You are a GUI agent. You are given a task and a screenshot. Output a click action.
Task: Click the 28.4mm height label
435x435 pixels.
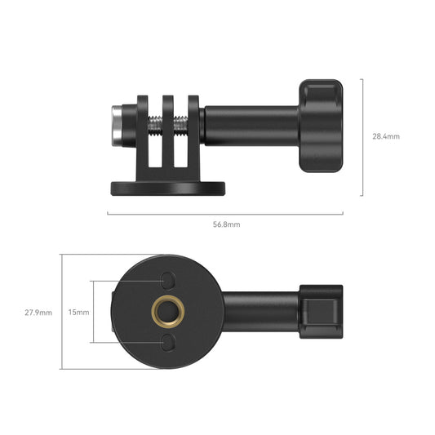click(386, 137)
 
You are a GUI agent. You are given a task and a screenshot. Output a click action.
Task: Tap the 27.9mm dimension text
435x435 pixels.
click(38, 312)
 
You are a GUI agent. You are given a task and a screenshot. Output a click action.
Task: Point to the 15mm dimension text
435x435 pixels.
click(78, 312)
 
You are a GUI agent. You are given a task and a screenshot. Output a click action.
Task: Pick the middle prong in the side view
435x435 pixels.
click(168, 135)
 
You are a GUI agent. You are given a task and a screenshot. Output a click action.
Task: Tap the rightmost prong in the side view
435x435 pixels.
click(193, 135)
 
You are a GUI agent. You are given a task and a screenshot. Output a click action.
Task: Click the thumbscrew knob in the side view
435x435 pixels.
click(320, 127)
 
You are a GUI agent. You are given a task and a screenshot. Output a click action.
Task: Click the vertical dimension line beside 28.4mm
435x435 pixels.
click(362, 137)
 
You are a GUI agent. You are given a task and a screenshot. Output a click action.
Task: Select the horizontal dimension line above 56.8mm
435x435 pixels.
click(225, 215)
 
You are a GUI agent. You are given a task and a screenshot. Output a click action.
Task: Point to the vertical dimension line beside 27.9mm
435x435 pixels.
click(62, 312)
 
